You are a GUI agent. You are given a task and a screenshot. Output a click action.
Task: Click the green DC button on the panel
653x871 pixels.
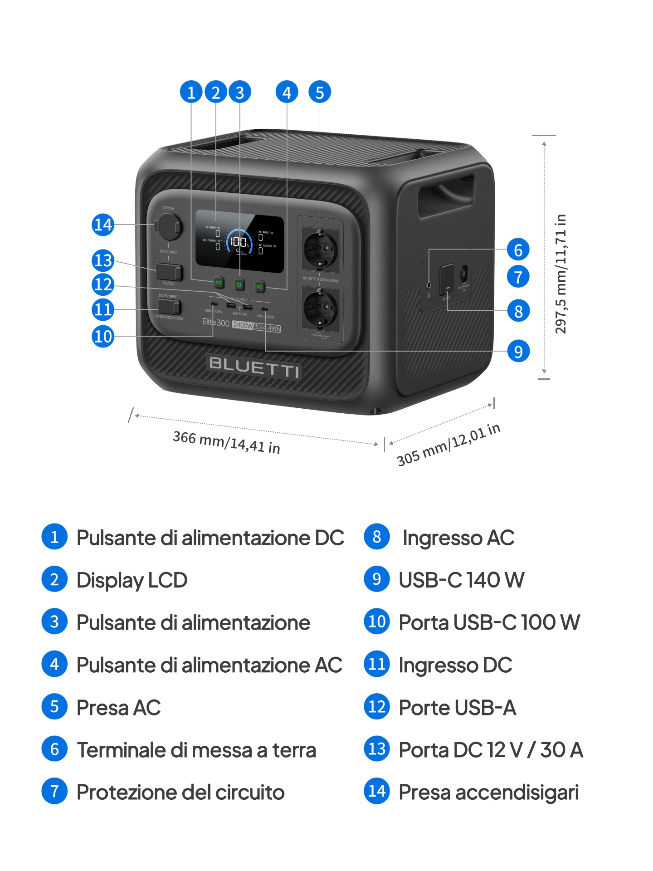(x=219, y=283)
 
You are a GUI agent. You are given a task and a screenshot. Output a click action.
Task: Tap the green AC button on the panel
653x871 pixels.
(x=259, y=286)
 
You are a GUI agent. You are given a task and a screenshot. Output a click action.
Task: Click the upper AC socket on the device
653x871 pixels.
(x=320, y=249)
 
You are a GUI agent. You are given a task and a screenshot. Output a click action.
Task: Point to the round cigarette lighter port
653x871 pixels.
(x=170, y=226)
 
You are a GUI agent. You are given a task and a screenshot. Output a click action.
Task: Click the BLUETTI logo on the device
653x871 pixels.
(x=254, y=367)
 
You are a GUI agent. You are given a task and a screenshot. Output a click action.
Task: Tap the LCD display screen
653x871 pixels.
(x=239, y=241)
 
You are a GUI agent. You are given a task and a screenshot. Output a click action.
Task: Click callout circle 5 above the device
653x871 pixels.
(x=320, y=92)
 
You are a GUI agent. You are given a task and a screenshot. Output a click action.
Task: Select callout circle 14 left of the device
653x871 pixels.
(x=103, y=225)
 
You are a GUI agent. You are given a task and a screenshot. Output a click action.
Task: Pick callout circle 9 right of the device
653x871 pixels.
(x=518, y=351)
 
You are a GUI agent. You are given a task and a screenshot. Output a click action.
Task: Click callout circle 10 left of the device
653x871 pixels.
(x=103, y=337)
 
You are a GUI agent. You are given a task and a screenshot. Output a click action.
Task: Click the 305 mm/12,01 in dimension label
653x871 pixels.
(x=448, y=445)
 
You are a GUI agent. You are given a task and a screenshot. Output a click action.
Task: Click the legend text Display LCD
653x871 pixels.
(x=132, y=580)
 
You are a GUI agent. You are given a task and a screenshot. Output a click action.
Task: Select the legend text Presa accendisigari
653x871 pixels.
(x=488, y=793)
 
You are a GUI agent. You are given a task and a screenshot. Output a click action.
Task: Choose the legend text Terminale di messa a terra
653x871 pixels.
(x=196, y=750)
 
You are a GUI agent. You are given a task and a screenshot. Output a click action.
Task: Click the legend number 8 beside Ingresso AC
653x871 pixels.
(x=377, y=537)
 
